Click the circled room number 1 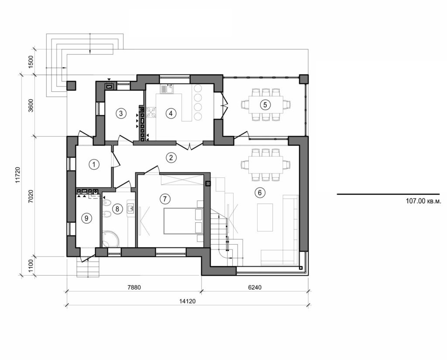[93, 164]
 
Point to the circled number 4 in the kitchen [171, 113]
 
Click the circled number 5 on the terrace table [264, 104]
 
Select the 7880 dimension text [134, 288]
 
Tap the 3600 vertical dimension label [30, 105]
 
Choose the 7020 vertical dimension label [30, 196]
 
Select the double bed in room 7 [183, 221]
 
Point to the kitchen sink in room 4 [166, 89]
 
